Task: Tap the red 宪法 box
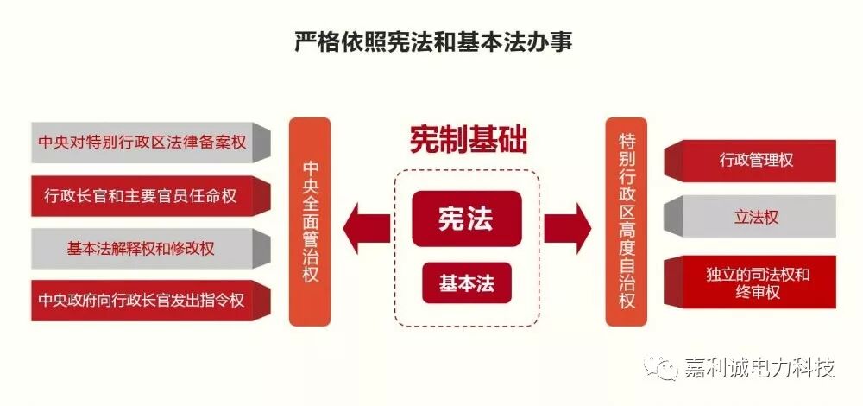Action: click(x=466, y=219)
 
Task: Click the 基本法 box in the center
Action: click(x=466, y=283)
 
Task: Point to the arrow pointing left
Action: click(x=363, y=227)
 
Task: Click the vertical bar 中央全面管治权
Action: click(x=310, y=221)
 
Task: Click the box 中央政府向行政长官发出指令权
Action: click(x=142, y=301)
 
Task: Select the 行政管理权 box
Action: click(x=756, y=161)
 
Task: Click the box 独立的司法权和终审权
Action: click(x=756, y=283)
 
